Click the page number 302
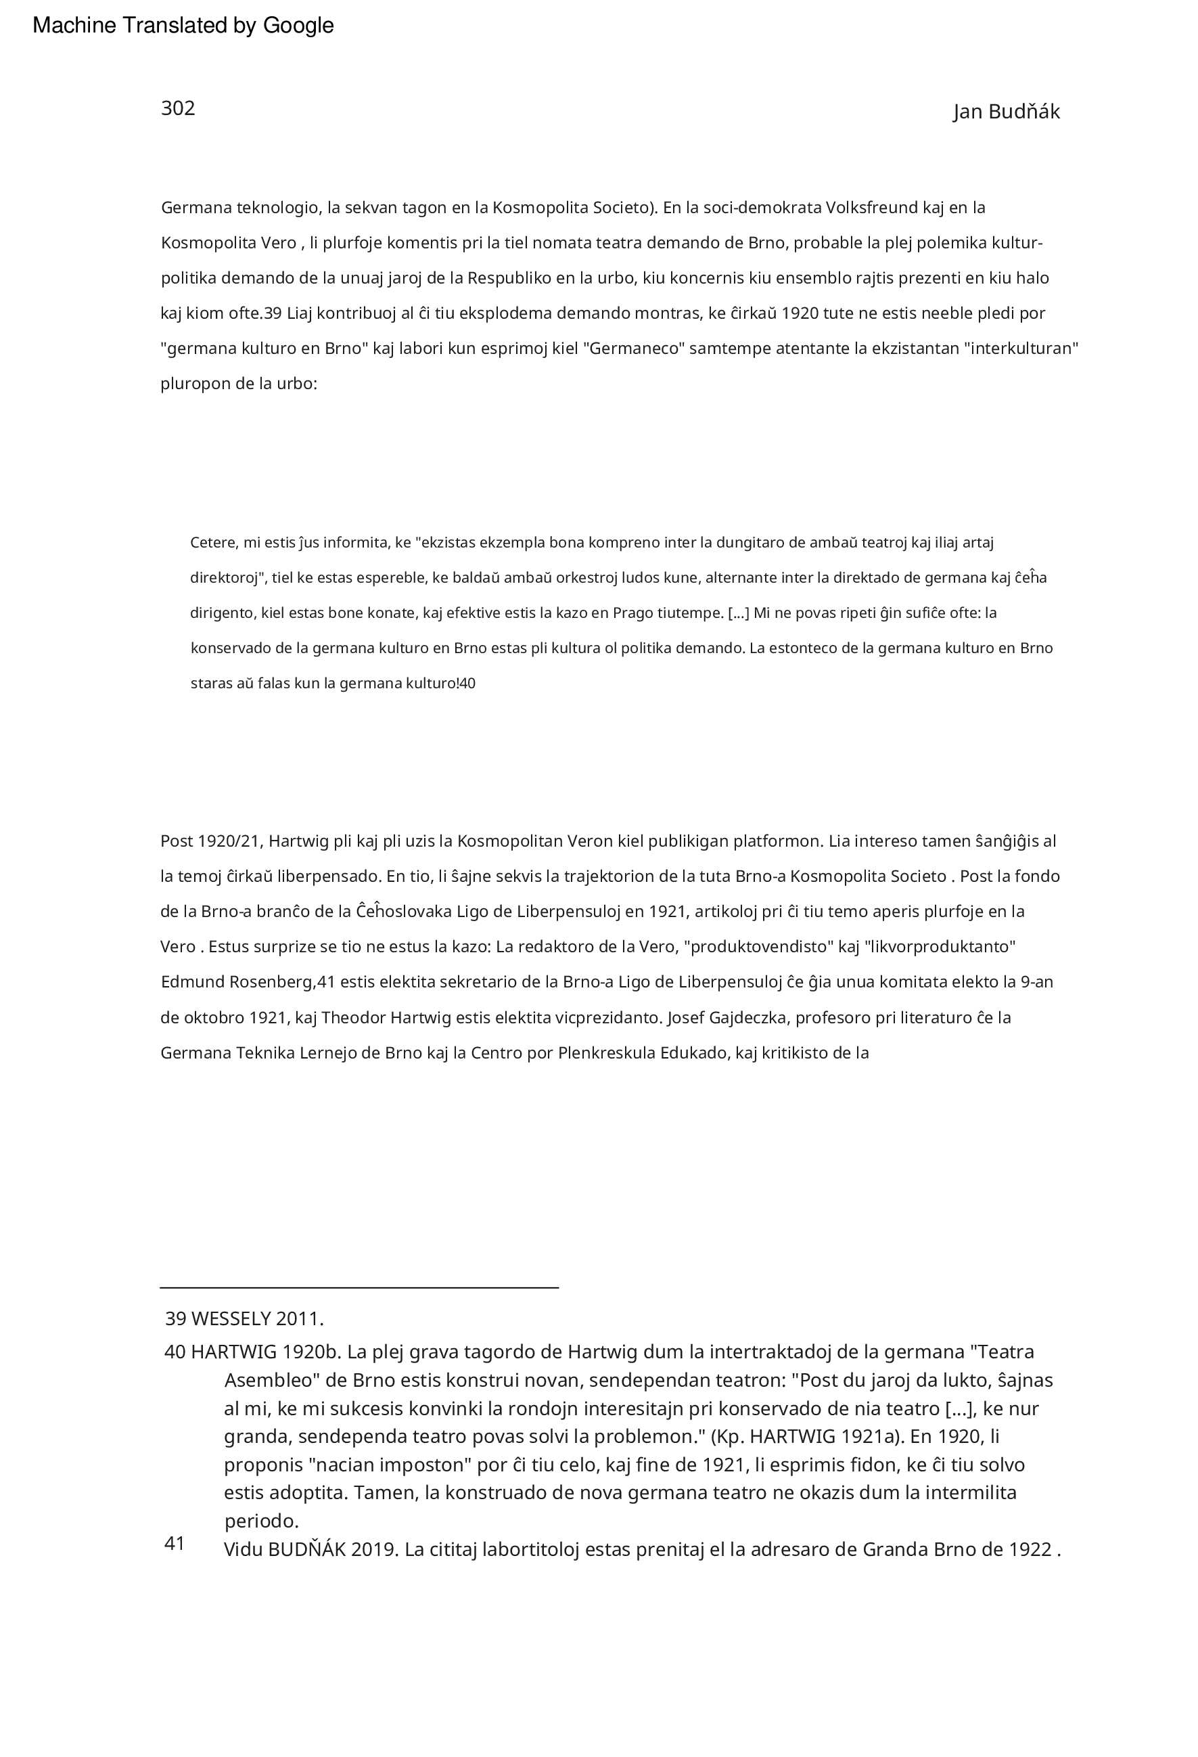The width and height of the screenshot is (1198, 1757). tap(178, 108)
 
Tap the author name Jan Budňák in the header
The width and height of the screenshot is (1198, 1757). tap(1006, 112)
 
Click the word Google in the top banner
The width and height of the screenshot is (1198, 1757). tap(298, 26)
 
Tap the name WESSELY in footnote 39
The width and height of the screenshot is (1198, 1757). tap(231, 1318)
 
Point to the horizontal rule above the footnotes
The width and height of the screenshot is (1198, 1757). tap(359, 1286)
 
